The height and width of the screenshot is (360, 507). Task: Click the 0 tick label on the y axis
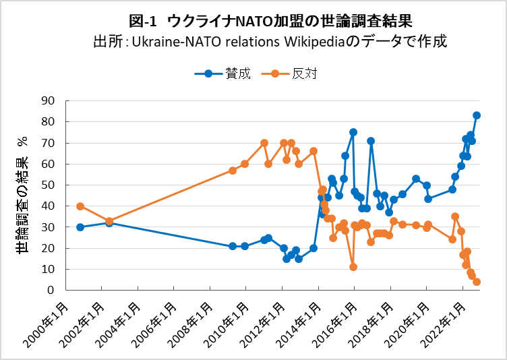[51, 291]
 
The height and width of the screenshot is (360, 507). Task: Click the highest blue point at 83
[477, 115]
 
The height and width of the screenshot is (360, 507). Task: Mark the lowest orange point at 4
[477, 282]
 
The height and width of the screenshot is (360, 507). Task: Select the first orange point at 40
[80, 206]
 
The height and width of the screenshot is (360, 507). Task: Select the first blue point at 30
[80, 227]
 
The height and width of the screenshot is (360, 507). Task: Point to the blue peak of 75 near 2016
[353, 132]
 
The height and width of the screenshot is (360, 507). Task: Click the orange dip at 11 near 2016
[353, 267]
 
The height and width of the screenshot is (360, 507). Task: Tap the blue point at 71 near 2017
[371, 141]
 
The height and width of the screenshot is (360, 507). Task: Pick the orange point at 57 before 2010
[233, 171]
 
